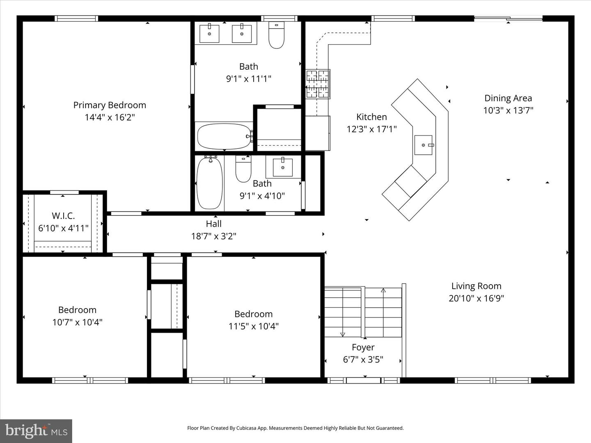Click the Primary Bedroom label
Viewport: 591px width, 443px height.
(x=110, y=105)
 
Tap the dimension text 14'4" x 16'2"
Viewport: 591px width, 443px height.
(x=110, y=117)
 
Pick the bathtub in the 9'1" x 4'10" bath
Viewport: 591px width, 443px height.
(x=210, y=183)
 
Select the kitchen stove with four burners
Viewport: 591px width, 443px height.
(x=318, y=84)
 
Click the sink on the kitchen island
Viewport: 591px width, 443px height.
(x=424, y=145)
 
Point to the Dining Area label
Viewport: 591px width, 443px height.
(x=508, y=98)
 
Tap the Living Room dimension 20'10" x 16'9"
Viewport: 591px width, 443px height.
(x=476, y=298)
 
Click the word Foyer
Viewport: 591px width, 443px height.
(x=363, y=347)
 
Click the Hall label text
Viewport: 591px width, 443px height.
(x=213, y=224)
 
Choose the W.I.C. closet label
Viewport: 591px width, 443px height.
(x=63, y=216)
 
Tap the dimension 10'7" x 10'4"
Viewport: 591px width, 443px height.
(x=77, y=322)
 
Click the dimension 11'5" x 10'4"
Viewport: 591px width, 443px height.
(x=253, y=326)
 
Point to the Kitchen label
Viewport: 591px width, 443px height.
(x=371, y=117)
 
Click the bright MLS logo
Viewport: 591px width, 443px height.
(x=36, y=431)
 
